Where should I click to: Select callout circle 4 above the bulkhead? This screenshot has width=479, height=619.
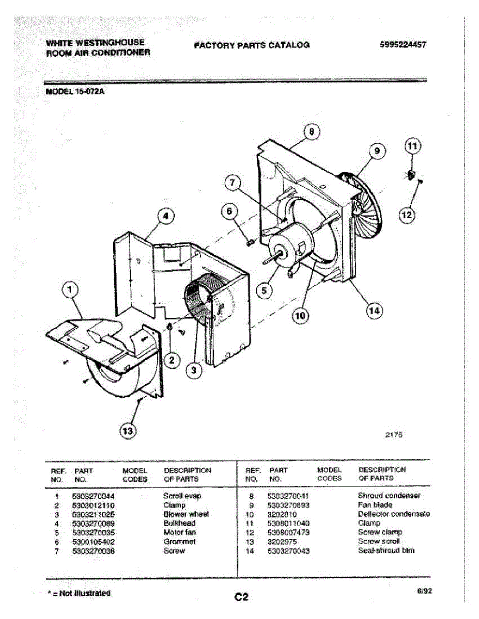coord(165,217)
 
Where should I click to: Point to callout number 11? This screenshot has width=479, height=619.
coord(412,147)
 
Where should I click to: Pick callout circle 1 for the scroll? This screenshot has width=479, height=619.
coord(71,292)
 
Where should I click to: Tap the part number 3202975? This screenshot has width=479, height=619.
coord(282,541)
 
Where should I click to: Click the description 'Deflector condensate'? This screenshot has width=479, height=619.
coord(394,514)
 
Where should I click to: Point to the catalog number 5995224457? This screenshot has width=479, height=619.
coord(403,45)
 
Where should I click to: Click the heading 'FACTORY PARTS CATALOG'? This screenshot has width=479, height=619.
coord(252,45)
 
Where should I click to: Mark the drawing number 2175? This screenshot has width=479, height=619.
coord(394,435)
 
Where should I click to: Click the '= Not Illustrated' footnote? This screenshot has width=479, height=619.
coord(79,593)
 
